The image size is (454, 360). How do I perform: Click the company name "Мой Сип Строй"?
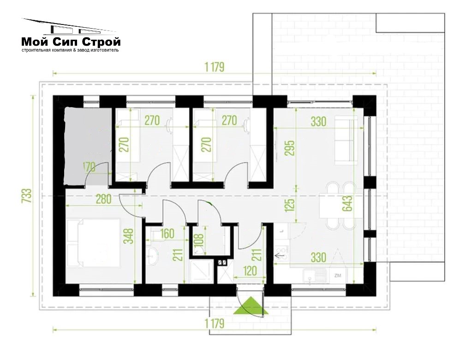click(71, 42)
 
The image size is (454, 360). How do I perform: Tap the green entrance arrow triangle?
click(251, 306)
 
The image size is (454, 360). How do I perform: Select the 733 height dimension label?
click(26, 196)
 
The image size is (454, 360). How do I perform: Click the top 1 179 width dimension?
click(215, 67)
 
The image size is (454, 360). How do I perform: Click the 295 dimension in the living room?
click(290, 148)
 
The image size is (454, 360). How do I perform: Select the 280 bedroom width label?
click(103, 199)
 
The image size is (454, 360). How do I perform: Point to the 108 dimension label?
click(199, 240)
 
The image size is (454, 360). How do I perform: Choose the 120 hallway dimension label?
click(250, 271)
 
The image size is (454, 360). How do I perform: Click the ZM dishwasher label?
click(338, 276)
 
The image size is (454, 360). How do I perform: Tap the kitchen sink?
click(316, 276)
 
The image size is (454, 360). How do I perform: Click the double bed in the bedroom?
click(93, 243)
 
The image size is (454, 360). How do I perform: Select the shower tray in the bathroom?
click(202, 271)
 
